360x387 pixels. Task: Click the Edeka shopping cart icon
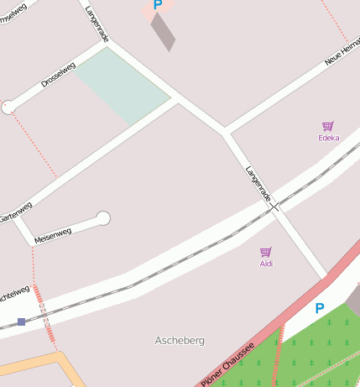(328, 126)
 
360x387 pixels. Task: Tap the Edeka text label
(329, 137)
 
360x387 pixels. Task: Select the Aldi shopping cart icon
(266, 252)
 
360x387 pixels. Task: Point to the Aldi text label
(266, 264)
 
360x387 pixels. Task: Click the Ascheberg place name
(180, 340)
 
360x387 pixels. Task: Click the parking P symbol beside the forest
(319, 309)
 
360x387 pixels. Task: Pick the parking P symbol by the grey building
(157, 5)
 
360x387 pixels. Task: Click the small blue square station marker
(21, 322)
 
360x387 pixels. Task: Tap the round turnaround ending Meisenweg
(103, 218)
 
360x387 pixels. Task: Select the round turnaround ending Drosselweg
(8, 107)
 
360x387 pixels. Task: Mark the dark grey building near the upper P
(163, 31)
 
